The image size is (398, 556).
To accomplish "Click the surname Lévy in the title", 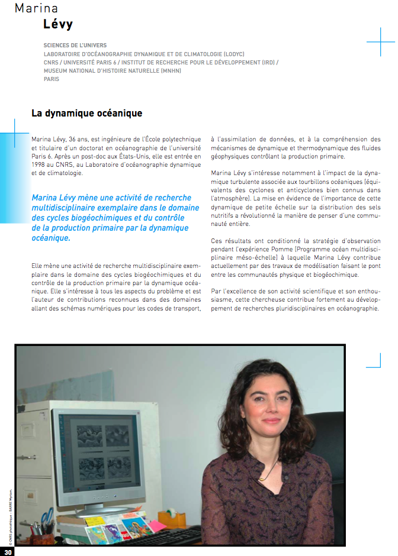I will pyautogui.click(x=58, y=24).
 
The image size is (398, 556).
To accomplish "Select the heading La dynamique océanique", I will pyautogui.click(x=86, y=113).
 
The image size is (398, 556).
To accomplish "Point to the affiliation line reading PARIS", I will pyautogui.click(x=52, y=79).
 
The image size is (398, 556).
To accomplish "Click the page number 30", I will pyautogui.click(x=8, y=551).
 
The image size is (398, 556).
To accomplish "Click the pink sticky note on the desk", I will pyautogui.click(x=157, y=525).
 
